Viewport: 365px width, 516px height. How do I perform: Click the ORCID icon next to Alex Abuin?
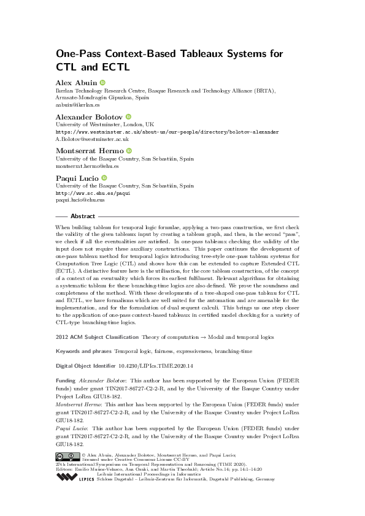click(x=102, y=82)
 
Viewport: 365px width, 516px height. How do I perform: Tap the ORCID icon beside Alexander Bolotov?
click(x=129, y=116)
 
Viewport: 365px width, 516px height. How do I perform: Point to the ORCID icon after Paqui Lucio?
click(x=104, y=178)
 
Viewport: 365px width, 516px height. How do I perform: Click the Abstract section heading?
click(x=83, y=216)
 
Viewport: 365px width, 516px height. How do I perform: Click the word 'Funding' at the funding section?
click(x=66, y=380)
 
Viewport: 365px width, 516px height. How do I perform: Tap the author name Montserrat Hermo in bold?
click(x=90, y=150)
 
